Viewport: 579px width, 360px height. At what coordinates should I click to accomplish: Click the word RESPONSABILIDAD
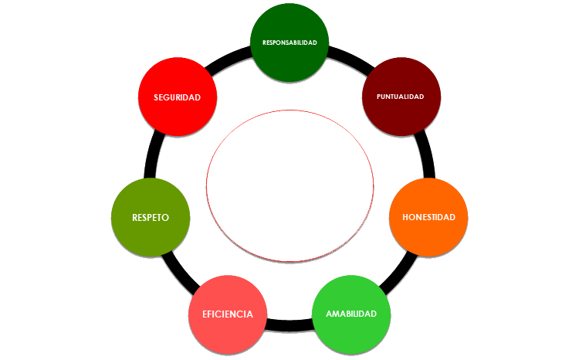[289, 42]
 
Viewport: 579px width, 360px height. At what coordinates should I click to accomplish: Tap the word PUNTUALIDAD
[401, 97]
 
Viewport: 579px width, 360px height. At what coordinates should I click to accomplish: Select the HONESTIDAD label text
[428, 217]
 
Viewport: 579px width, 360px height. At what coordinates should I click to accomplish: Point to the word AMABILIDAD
[351, 314]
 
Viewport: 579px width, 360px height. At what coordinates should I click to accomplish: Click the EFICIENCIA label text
[227, 314]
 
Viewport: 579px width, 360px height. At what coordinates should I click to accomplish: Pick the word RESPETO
[151, 217]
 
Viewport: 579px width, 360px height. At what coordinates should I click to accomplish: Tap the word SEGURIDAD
[177, 97]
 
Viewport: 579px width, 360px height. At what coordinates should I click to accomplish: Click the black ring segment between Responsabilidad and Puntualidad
[347, 56]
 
